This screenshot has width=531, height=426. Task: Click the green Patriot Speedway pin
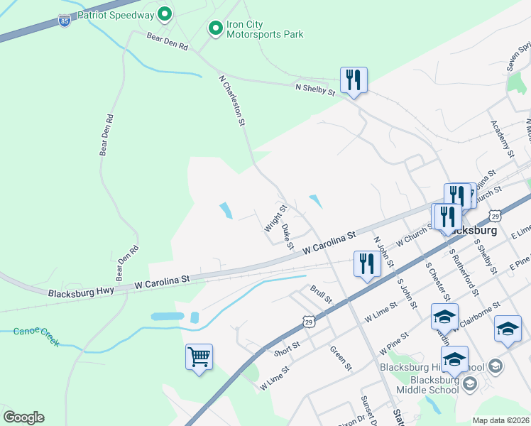[x=165, y=13]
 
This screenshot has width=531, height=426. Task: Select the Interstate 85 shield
[x=65, y=20]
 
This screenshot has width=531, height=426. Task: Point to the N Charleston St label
[x=231, y=101]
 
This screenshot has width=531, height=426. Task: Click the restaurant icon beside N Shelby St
[x=354, y=80]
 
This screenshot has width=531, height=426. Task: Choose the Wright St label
[x=275, y=219]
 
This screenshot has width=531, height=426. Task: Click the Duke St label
[x=287, y=237]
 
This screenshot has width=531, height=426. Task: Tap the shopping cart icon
[x=199, y=356]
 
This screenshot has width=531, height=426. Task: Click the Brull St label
[x=321, y=294]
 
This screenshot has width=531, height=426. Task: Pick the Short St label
[x=287, y=347]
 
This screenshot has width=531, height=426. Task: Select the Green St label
[x=341, y=357]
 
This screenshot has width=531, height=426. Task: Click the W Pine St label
[x=395, y=342]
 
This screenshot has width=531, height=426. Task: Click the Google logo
[x=23, y=417]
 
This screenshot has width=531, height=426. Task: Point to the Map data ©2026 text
[x=500, y=420]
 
